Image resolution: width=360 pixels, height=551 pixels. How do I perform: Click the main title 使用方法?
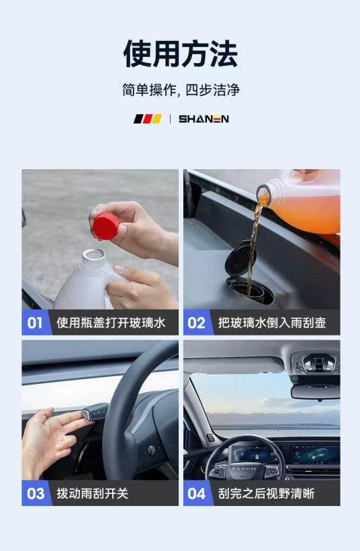180,54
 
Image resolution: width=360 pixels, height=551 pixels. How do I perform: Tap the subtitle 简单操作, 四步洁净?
180,90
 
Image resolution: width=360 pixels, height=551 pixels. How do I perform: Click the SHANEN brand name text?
204,119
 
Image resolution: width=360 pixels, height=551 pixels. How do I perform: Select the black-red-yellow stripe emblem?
148,119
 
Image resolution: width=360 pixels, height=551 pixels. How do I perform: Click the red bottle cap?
106,224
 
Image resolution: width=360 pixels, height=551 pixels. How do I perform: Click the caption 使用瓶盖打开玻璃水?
110,323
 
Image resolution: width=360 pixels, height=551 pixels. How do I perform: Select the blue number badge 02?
196,323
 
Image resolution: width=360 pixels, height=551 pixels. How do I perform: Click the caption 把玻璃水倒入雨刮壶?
272,323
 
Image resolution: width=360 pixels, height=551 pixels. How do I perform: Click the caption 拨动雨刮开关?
93,494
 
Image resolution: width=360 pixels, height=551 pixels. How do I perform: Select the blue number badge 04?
196,494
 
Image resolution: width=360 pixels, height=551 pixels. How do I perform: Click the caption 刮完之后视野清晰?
267,494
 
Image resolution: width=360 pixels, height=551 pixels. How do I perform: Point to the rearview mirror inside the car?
315,391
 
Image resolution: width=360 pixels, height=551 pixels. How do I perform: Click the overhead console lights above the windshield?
318,363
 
